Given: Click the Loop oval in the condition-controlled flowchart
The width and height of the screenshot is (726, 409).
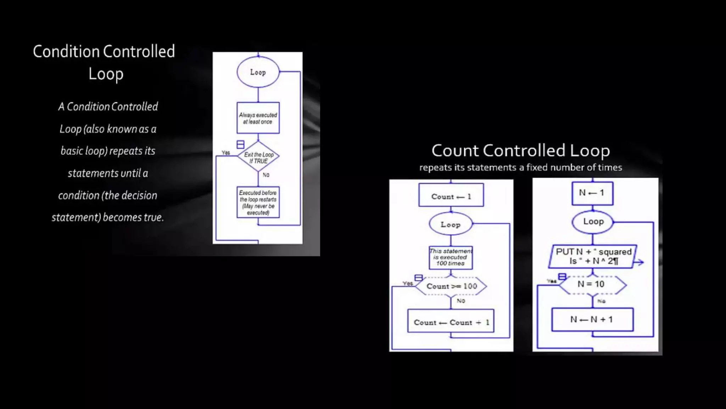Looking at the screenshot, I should pos(258,72).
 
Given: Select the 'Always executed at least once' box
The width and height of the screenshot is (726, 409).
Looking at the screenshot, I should pos(258,118).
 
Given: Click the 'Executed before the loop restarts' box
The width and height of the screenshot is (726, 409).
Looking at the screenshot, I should pos(258,202).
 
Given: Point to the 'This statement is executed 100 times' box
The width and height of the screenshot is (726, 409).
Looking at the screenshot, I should pos(451,257).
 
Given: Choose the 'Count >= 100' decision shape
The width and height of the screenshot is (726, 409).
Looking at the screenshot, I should pos(451,286).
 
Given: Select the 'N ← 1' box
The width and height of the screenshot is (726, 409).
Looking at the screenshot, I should pos(592,193).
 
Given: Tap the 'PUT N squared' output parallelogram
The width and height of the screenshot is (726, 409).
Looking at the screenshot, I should pos(593,256).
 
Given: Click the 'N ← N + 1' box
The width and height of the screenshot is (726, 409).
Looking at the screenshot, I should pos(592,320).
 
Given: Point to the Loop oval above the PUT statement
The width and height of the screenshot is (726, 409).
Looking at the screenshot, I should pos(593,222).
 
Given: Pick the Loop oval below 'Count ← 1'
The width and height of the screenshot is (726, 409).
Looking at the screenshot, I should pos(451,224).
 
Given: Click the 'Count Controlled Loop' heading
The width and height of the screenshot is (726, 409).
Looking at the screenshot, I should pos(520,151).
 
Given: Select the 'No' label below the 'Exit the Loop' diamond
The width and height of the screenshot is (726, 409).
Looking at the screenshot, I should pos(266,175).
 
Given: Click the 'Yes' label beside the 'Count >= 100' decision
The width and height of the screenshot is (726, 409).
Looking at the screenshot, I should pos(408,283).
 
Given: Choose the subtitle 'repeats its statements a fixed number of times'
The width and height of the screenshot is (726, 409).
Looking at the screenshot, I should pos(520,168).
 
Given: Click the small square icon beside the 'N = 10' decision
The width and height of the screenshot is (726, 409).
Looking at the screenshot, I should pos(562,277).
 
